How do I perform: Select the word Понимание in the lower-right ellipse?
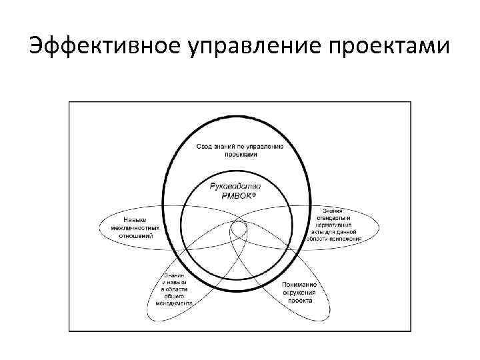[x=299, y=285]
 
